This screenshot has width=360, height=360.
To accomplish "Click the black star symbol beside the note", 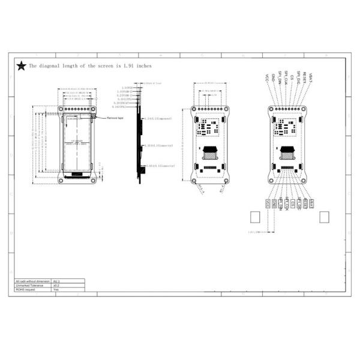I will [x=21, y=66].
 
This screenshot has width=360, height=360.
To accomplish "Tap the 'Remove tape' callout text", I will [x=116, y=119].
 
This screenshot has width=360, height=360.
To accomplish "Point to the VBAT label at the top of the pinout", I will [x=311, y=76].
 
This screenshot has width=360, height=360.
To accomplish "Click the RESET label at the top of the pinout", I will [x=305, y=77].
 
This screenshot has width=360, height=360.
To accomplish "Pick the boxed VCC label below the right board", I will [x=267, y=204].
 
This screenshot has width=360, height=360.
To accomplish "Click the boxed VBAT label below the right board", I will [x=311, y=204].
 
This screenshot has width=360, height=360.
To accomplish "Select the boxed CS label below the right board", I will [x=292, y=204].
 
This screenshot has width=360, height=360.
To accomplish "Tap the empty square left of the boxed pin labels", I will [x=254, y=217].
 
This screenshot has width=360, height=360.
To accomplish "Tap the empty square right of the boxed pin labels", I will [x=325, y=217].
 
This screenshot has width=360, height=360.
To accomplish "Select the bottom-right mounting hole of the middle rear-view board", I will [x=226, y=179].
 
